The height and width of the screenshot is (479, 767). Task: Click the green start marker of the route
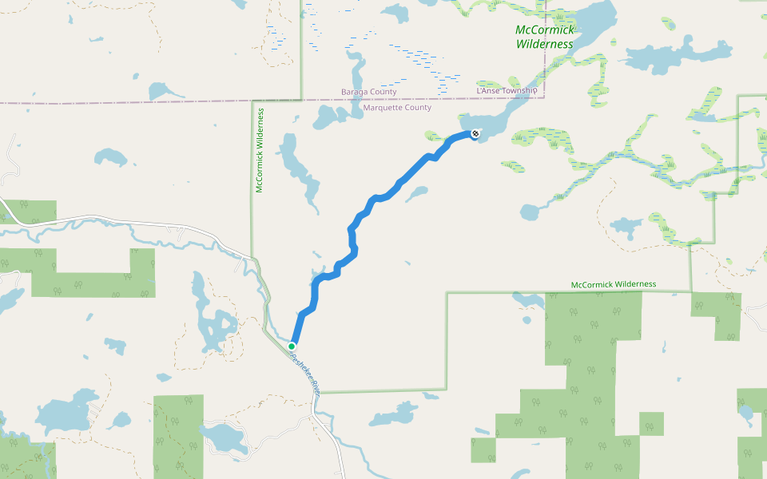(292, 346)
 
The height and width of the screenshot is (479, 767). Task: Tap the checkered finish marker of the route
(475, 133)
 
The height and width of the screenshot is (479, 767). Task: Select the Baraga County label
(368, 92)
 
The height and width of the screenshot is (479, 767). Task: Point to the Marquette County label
(397, 108)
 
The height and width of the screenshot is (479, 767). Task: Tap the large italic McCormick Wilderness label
(545, 37)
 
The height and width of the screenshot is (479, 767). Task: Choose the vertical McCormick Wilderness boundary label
(260, 151)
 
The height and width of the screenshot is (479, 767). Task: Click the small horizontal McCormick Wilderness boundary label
(614, 284)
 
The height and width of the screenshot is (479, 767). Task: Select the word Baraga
(356, 92)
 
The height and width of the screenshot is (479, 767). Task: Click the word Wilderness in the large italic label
(545, 44)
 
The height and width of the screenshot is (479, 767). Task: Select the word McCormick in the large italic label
(545, 30)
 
